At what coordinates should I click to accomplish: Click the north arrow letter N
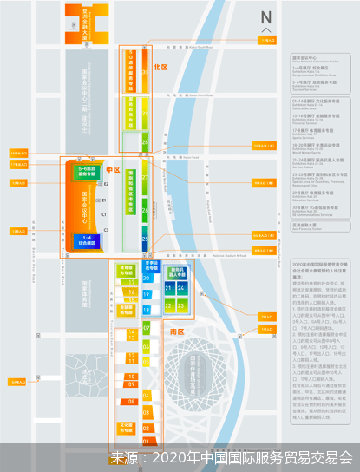tap(266, 16)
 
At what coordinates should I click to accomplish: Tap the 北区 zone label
tap(160, 66)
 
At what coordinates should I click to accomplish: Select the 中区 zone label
tap(112, 170)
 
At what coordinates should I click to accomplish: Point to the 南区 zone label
tap(176, 331)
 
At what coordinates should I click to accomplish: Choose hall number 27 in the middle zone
tap(146, 178)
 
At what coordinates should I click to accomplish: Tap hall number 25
tap(146, 239)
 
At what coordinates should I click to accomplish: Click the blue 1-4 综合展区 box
tap(87, 239)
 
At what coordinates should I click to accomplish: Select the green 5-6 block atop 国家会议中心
tap(86, 172)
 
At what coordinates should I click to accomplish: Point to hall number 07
tap(146, 329)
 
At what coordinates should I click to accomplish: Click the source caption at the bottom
tap(232, 456)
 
